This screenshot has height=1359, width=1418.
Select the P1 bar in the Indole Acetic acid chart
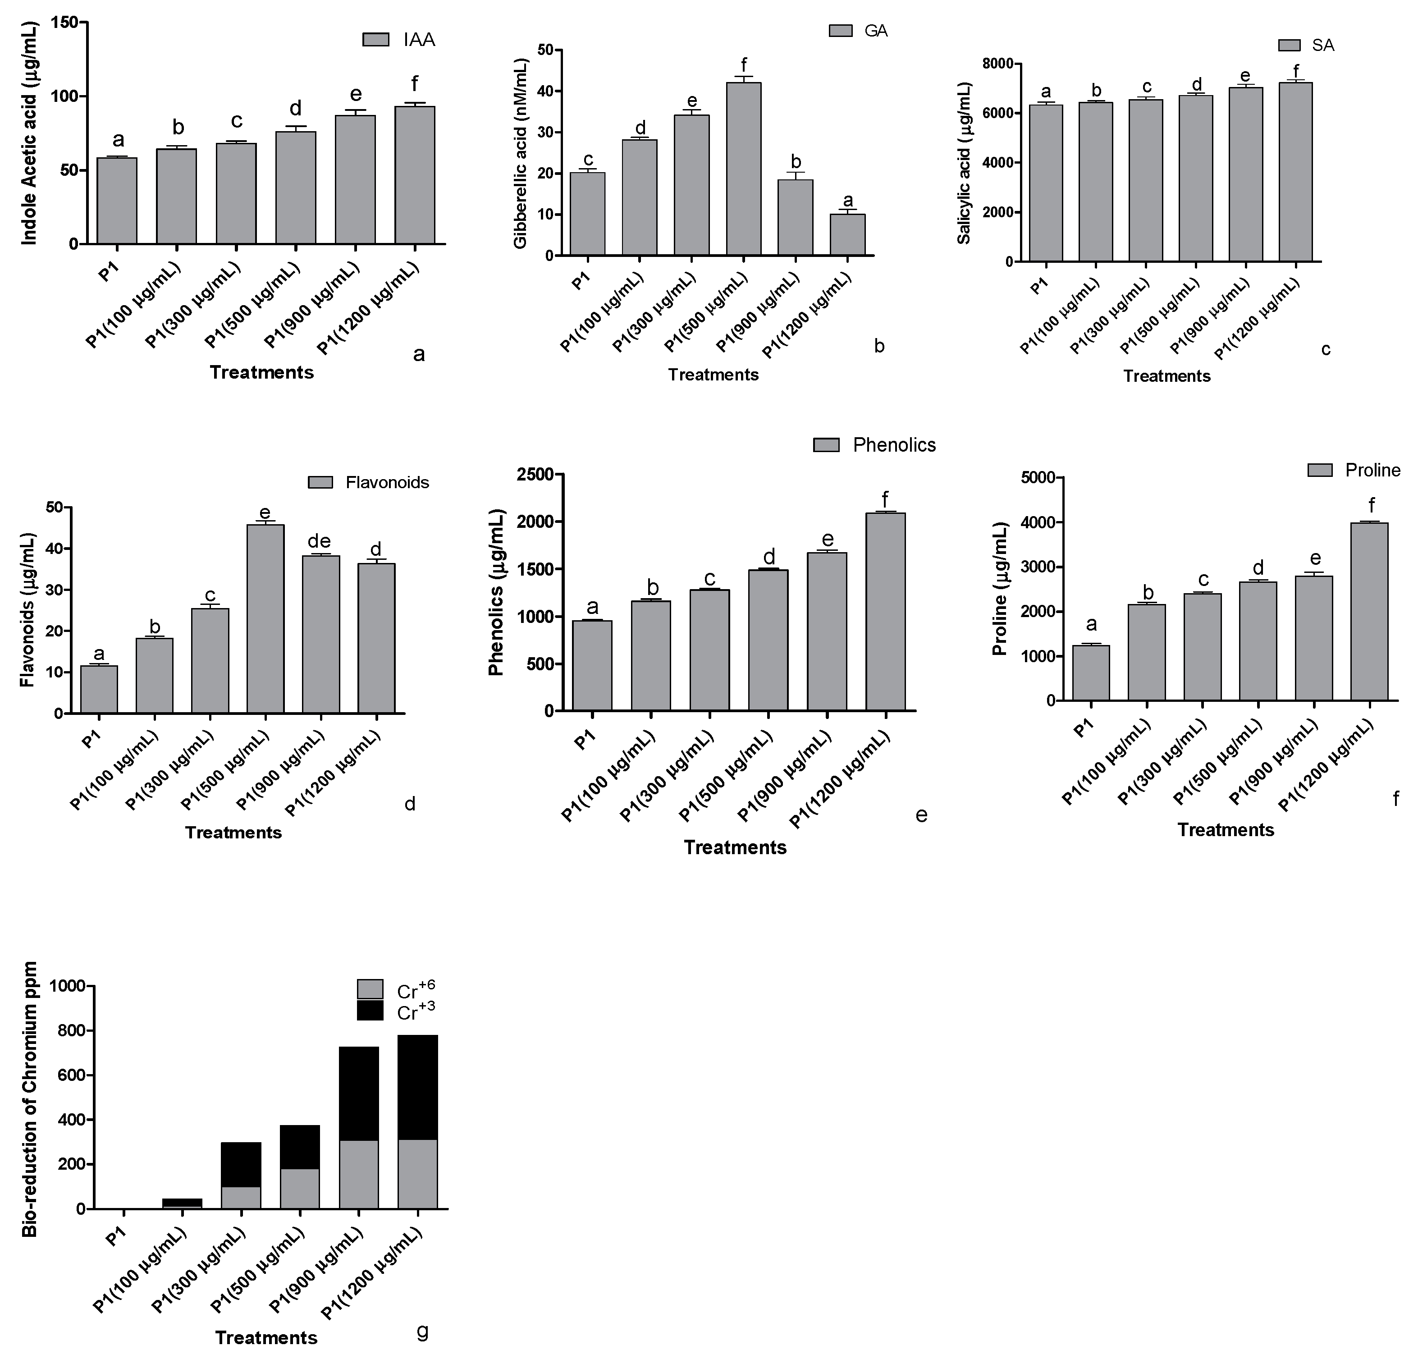point(117,201)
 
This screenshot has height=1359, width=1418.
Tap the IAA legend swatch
point(376,40)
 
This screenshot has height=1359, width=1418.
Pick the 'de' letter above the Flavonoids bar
point(319,541)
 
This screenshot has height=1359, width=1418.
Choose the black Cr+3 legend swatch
point(371,1010)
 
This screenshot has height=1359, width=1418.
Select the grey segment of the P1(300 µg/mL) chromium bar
point(241,1197)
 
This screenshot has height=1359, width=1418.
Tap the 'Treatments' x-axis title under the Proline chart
point(1226,829)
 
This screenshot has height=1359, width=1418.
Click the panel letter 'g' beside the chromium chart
point(423,1330)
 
